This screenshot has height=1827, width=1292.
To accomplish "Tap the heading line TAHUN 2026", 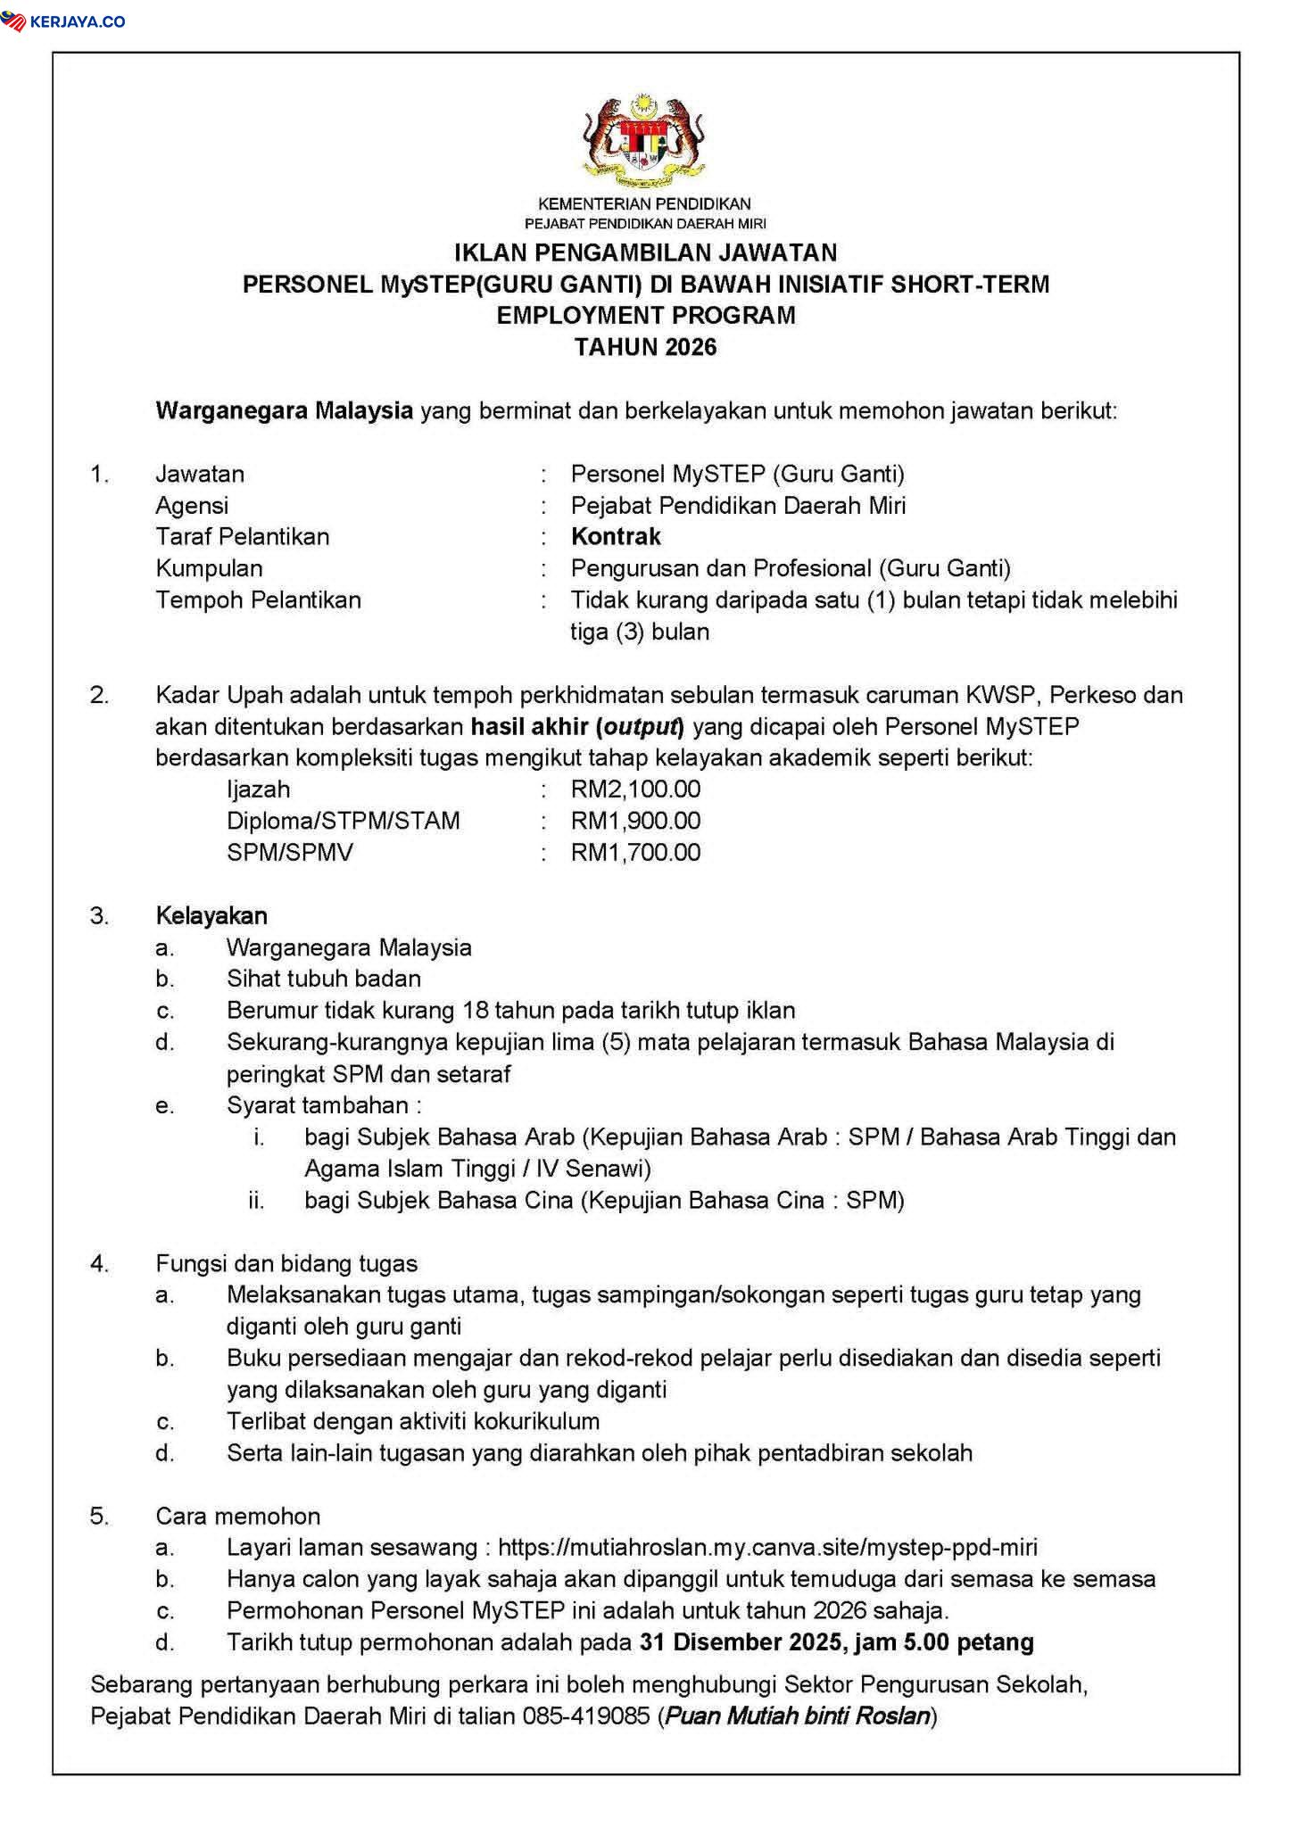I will [x=645, y=347].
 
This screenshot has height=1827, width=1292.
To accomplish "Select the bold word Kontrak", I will [x=616, y=537].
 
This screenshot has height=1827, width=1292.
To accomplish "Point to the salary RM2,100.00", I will [x=635, y=789].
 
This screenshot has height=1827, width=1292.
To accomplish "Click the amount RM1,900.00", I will [x=635, y=821].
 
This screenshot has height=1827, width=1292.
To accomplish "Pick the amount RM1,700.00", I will [x=635, y=853].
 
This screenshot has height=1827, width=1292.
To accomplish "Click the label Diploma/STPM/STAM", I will [x=344, y=821].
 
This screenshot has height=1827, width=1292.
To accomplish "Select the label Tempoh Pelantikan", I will [x=258, y=599].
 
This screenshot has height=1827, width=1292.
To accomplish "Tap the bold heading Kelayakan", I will [x=211, y=916].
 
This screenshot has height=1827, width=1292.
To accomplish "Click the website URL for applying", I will [x=767, y=1548].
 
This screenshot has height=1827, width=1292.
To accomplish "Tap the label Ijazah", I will [x=258, y=789].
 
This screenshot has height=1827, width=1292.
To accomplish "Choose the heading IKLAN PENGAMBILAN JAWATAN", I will [x=645, y=253].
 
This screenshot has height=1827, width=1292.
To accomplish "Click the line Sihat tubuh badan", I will [x=323, y=979].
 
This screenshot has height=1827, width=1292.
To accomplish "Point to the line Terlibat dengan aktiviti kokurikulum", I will [x=412, y=1421].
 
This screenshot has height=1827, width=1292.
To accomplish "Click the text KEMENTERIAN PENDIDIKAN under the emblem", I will [x=644, y=204].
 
